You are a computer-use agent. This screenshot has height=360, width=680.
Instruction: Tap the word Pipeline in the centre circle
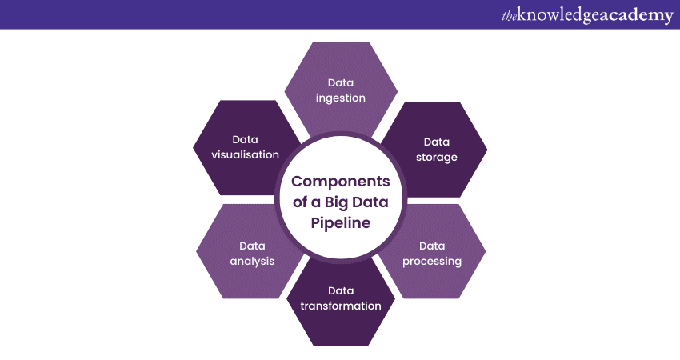(340, 223)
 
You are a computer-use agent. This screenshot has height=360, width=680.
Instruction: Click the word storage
(437, 157)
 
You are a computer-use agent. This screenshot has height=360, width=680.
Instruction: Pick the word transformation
(340, 306)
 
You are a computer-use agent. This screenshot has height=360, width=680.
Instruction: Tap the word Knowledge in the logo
(555, 14)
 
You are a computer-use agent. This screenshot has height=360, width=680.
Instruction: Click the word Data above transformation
(340, 290)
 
